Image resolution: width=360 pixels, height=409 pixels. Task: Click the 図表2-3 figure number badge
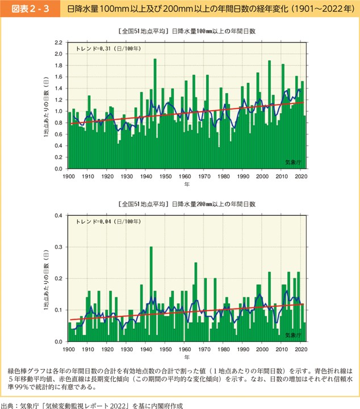pos(27,10)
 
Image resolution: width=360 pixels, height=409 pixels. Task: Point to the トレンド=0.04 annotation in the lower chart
pos(108,222)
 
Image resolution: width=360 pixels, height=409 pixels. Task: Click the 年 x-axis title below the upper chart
pos(186,185)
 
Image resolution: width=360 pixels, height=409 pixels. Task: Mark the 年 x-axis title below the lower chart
pos(186,357)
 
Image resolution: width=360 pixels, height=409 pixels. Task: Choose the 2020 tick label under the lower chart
pos(301,349)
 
